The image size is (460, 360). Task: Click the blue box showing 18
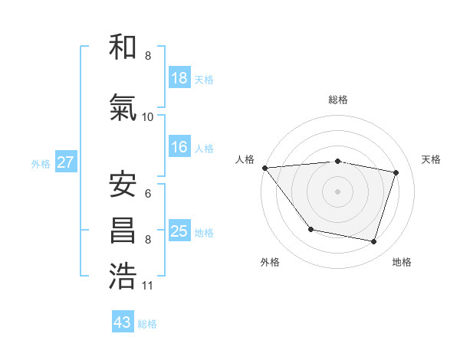point(179,78)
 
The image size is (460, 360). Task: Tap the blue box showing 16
point(179,147)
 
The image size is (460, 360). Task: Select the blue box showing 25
point(179,231)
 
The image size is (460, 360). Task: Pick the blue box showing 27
point(65,162)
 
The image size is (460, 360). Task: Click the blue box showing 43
point(123,322)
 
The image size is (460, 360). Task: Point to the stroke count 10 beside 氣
point(148,116)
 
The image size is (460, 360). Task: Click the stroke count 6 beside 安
point(148,193)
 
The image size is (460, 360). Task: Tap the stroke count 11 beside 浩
point(148,286)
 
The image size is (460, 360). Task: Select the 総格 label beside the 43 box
point(147,324)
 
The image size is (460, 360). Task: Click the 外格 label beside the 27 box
point(41,163)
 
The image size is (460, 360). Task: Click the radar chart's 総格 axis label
point(338,100)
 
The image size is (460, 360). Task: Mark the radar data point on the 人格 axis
point(265,168)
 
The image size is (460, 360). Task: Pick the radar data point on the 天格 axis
point(396,172)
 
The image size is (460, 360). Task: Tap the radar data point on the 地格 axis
point(373,241)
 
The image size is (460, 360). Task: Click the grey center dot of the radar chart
point(338,191)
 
